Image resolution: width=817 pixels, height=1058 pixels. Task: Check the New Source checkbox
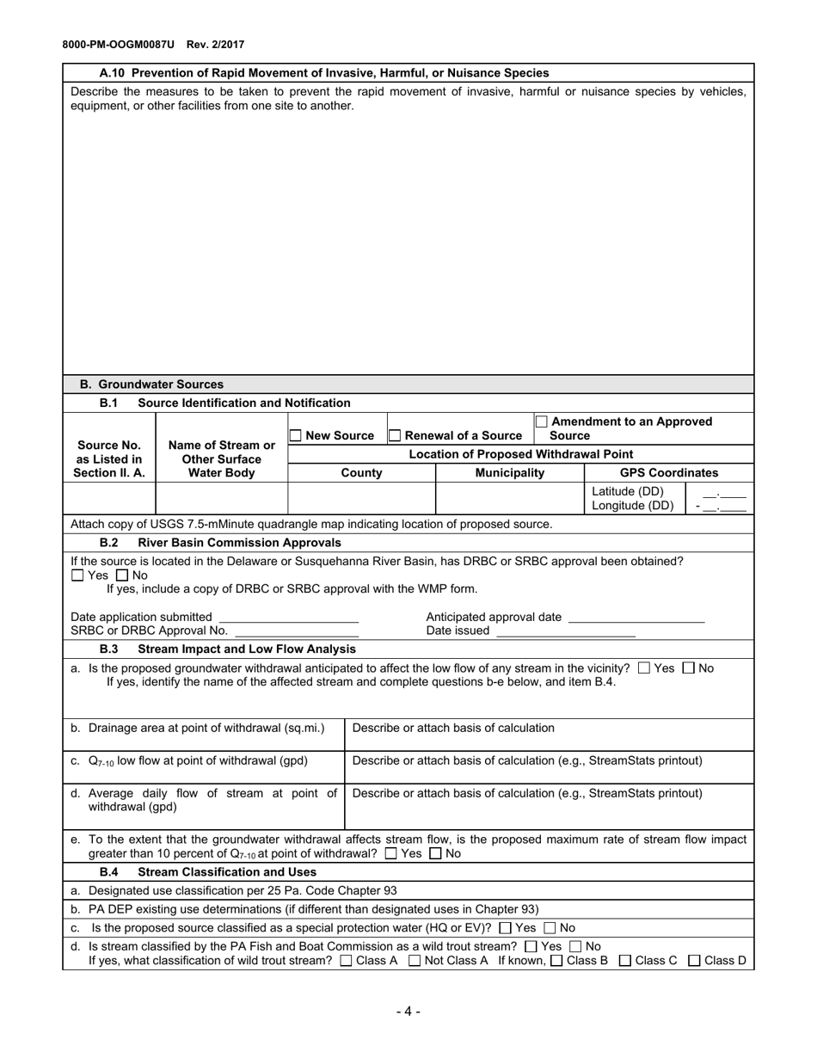(x=296, y=436)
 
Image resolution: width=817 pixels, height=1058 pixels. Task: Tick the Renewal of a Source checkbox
(x=395, y=436)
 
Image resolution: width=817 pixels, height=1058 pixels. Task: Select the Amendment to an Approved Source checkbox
(x=542, y=421)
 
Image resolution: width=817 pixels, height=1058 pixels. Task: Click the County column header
(x=361, y=473)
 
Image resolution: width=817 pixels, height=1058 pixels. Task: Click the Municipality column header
(x=509, y=473)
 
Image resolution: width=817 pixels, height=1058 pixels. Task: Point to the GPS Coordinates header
(x=668, y=473)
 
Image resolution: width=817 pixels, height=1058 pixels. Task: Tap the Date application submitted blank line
(x=288, y=617)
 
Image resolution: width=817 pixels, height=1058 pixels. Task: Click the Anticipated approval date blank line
(x=636, y=617)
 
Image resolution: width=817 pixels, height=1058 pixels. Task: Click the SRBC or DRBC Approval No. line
(x=296, y=630)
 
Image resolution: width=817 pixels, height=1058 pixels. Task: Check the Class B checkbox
(x=556, y=961)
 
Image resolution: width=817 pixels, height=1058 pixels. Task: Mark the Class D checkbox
(x=694, y=961)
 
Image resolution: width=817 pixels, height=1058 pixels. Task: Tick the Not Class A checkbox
(x=415, y=961)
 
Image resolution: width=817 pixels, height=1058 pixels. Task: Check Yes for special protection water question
(x=505, y=928)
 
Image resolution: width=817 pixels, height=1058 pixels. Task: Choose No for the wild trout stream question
(x=575, y=946)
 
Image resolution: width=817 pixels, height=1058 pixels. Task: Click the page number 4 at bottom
(x=408, y=1012)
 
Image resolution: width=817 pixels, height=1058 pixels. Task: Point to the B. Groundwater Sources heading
(x=151, y=384)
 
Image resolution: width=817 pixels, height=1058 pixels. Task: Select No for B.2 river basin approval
(x=121, y=575)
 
